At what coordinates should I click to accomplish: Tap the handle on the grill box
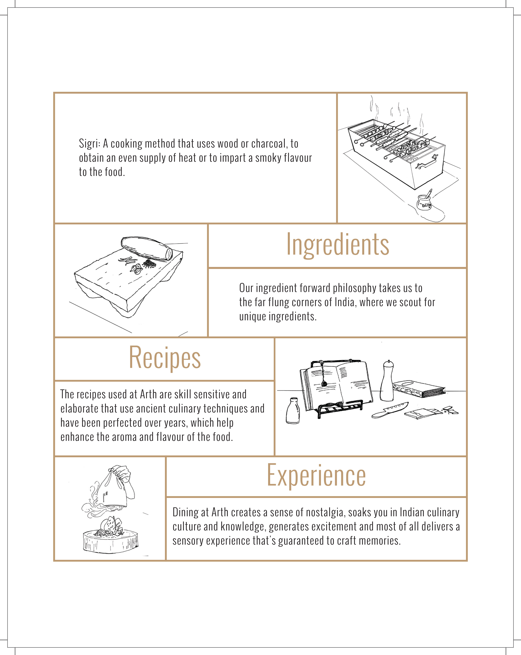point(427,163)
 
